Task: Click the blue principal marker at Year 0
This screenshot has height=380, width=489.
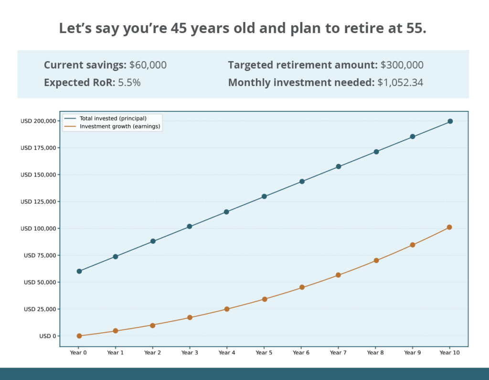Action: coord(79,271)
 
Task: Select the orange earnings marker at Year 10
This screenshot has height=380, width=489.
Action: coord(449,228)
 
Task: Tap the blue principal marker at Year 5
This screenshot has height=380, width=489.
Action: coord(264,196)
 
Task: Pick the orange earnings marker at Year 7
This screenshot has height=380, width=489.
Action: coord(339,275)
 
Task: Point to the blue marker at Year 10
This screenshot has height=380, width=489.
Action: coord(450,121)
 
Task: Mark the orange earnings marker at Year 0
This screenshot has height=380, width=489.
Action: coord(79,336)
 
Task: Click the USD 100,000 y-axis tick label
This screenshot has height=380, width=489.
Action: coord(38,228)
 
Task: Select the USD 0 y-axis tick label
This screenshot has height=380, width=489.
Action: coord(48,336)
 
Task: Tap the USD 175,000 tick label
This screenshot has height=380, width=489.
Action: coord(38,148)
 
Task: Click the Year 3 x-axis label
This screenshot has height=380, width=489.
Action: coord(190,353)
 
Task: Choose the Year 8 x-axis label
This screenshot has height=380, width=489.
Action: coord(375,353)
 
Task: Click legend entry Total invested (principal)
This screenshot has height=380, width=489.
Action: coord(113,119)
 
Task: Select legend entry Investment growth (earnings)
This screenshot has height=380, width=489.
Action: coord(120,127)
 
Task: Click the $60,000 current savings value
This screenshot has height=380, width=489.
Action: coord(148,65)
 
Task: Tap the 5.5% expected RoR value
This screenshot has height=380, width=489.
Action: coord(129,82)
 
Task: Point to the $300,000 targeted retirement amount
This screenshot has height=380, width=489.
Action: coord(402,65)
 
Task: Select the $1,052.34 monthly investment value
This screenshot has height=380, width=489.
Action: coord(400,82)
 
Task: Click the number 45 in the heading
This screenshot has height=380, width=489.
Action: coord(179,28)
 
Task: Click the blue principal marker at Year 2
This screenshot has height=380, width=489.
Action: coord(153,241)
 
